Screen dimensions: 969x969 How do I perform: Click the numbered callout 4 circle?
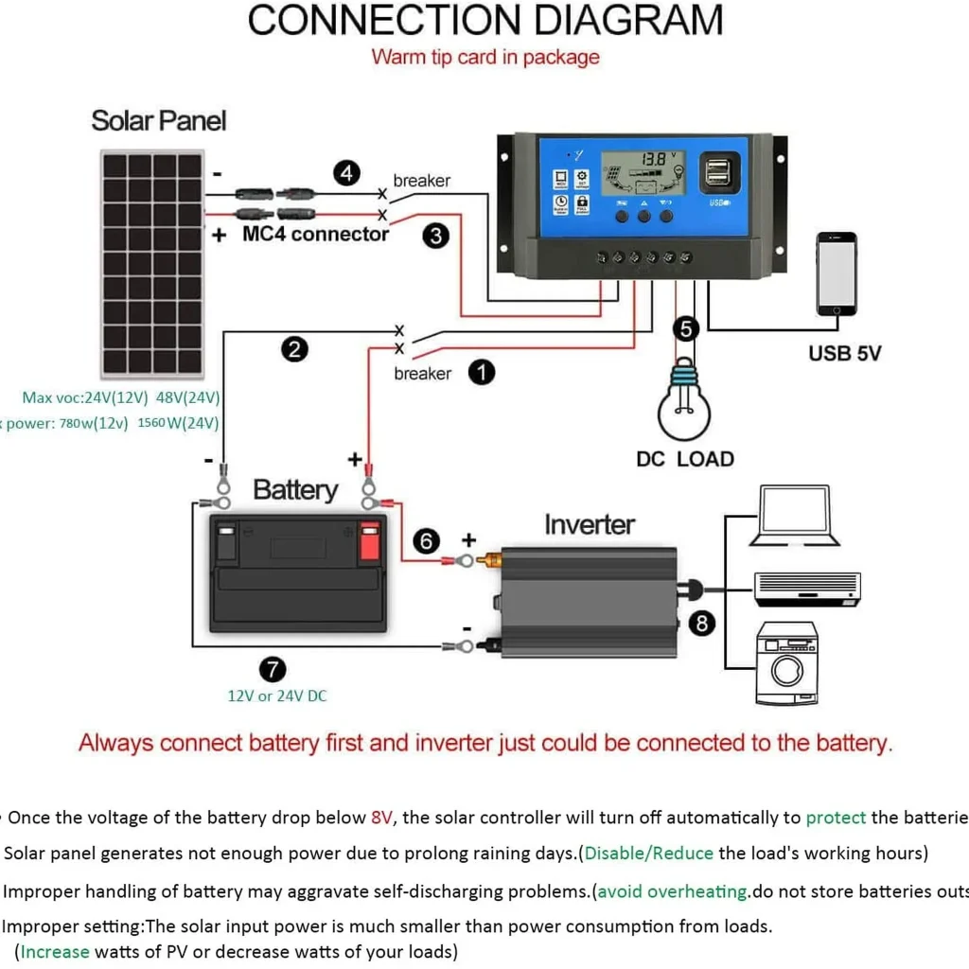pos(347,173)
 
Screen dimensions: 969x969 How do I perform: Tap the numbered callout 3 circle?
pos(434,236)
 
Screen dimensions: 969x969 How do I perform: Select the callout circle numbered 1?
pos(482,372)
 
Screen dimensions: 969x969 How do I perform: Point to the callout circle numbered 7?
pos(272,669)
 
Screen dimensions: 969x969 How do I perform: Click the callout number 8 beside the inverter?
pos(701,622)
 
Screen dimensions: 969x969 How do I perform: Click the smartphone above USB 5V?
pos(837,273)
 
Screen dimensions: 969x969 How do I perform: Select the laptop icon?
pos(794,516)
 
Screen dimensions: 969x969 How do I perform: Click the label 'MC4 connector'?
pos(315,234)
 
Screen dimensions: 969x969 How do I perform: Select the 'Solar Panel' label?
pos(159,121)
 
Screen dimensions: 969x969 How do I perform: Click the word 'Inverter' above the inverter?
pos(590,524)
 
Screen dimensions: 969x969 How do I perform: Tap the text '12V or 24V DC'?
pos(277,696)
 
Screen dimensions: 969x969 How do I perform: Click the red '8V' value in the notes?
pos(381,818)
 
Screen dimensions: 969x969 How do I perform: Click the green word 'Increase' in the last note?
pos(55,951)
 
